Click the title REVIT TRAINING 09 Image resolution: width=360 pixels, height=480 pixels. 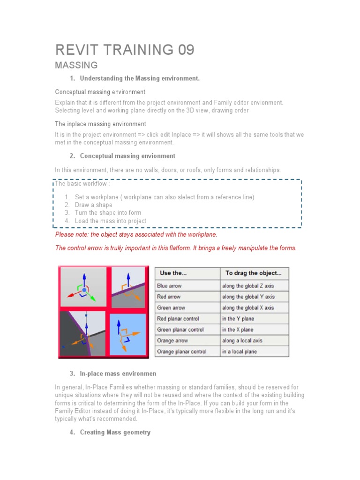[125, 49]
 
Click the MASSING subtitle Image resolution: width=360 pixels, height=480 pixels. [76, 65]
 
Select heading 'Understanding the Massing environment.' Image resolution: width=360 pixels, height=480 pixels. [140, 78]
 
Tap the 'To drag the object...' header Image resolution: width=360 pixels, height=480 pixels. [254, 273]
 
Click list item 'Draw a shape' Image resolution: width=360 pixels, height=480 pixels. [93, 205]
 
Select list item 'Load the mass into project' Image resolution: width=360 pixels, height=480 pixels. [110, 221]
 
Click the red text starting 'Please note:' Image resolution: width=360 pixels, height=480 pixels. [136, 234]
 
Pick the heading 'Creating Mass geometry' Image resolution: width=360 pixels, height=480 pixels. [115, 432]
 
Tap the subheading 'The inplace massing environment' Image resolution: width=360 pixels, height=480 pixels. [100, 124]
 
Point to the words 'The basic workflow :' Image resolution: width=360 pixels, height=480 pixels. [82, 183]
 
